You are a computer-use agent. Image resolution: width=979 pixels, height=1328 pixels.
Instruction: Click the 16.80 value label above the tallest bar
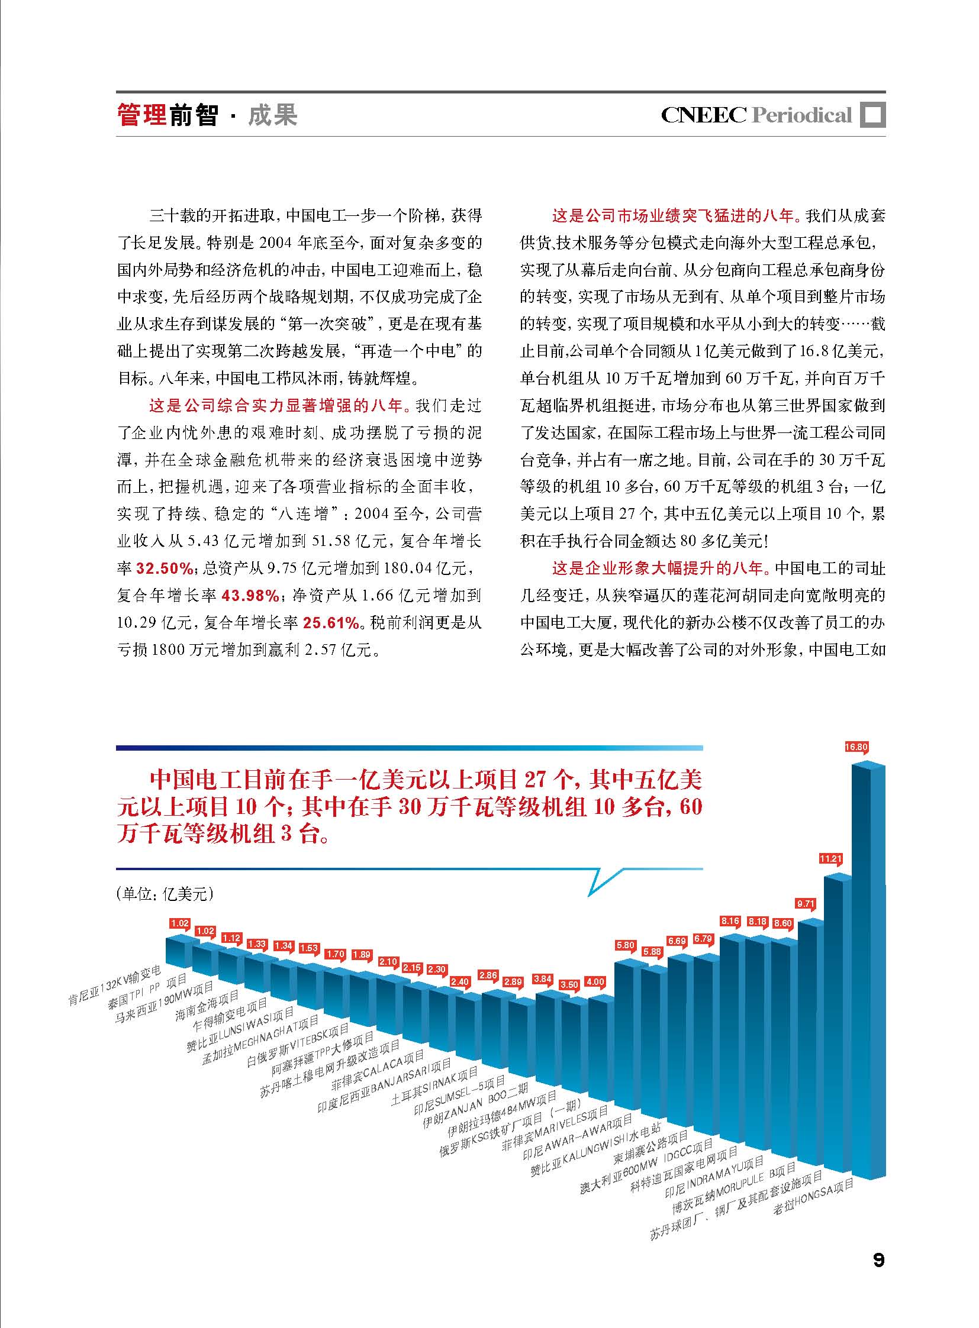(x=856, y=747)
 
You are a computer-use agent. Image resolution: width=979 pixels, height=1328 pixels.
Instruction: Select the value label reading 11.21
(x=830, y=858)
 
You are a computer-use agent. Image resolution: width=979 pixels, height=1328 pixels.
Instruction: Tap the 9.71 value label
(x=806, y=904)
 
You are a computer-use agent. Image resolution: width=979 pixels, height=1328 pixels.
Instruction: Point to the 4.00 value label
(x=594, y=982)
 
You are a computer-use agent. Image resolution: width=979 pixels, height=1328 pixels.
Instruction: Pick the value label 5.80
(x=625, y=945)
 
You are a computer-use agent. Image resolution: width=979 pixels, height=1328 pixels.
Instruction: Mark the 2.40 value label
(x=459, y=981)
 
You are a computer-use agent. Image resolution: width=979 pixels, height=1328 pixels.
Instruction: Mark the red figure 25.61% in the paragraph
(x=332, y=622)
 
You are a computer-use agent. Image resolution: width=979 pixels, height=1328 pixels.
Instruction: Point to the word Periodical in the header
(x=801, y=115)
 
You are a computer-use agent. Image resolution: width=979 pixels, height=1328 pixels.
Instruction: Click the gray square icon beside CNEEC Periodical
(x=872, y=115)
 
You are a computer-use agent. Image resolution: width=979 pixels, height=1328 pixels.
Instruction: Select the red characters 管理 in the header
(x=141, y=114)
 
